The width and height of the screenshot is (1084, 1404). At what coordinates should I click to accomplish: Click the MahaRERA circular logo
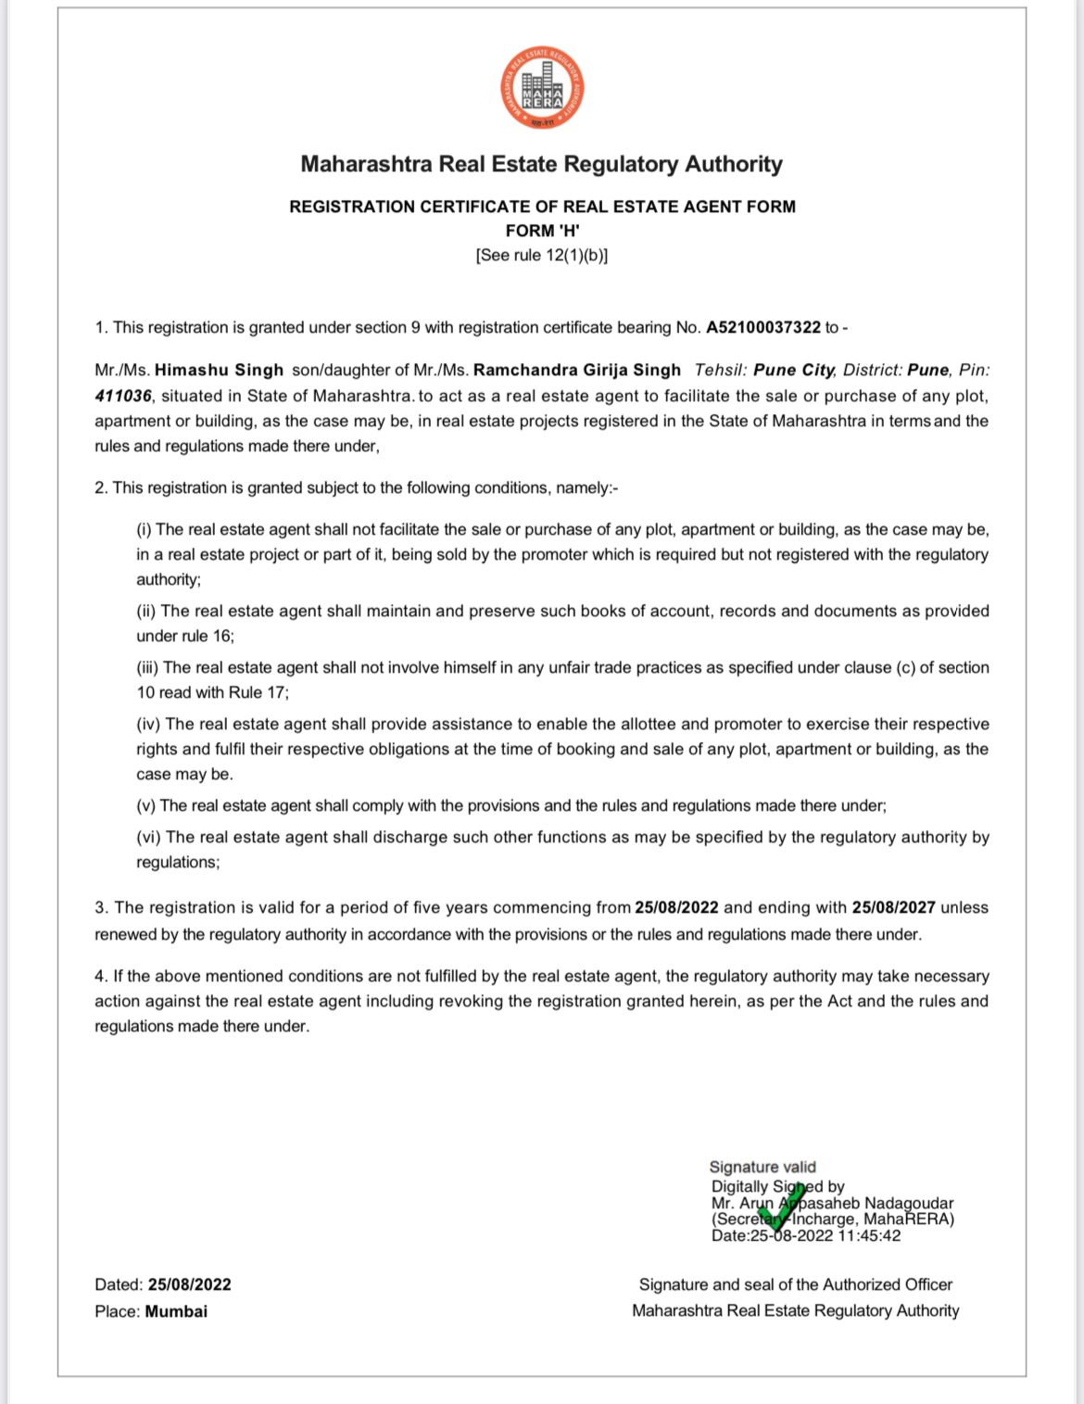tap(543, 88)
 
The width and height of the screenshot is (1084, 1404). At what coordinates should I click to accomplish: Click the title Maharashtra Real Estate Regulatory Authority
tap(542, 164)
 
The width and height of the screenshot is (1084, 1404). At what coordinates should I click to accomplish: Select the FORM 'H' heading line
tap(542, 231)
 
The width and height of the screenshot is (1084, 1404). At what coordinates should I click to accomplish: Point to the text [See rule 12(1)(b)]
tap(542, 255)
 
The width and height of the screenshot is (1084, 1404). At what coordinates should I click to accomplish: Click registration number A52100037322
tap(763, 327)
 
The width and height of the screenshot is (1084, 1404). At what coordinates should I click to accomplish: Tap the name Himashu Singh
tap(219, 370)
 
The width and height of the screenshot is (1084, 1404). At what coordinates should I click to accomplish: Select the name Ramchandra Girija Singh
tap(577, 370)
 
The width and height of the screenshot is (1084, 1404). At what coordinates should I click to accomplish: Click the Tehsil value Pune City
tap(794, 370)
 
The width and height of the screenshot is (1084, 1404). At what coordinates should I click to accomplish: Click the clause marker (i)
tap(145, 529)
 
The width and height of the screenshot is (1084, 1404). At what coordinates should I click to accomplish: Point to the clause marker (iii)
tap(148, 667)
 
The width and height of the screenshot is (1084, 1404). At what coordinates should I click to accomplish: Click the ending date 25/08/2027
tap(893, 907)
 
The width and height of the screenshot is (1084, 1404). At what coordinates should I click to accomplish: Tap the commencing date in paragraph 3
tap(676, 907)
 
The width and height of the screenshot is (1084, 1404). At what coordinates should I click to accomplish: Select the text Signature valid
tap(763, 1167)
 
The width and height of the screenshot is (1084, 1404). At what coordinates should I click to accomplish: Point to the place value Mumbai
tap(176, 1311)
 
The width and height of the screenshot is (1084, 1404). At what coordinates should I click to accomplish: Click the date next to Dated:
tap(189, 1284)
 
